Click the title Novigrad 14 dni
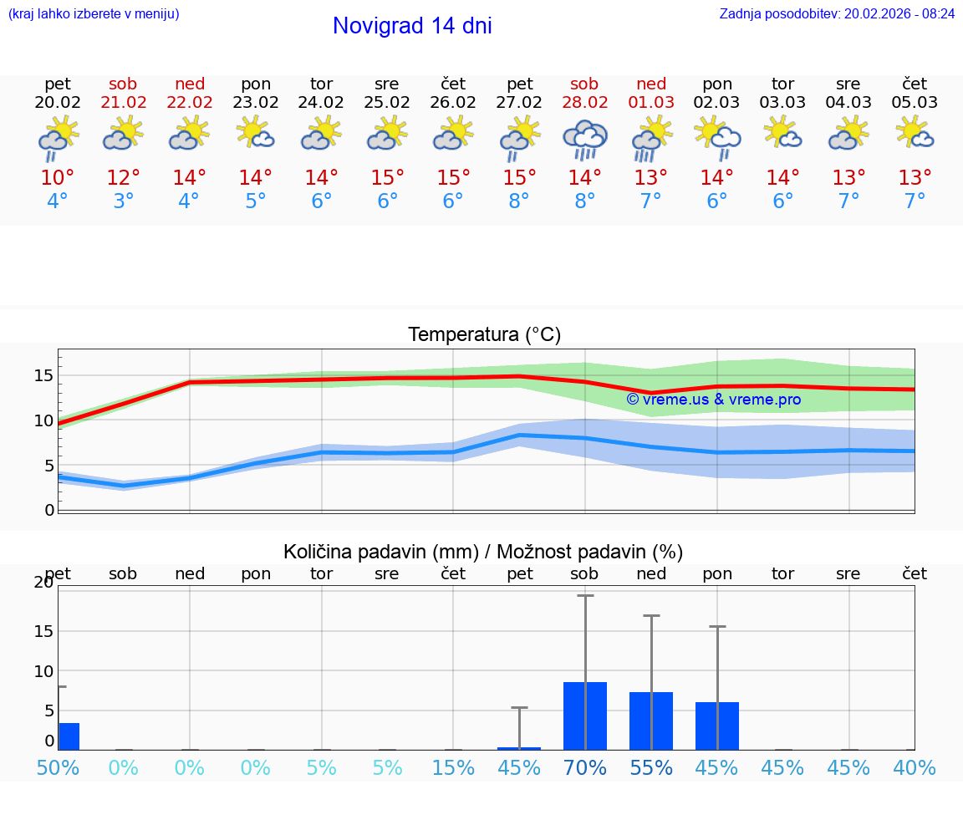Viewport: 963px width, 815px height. tap(412, 26)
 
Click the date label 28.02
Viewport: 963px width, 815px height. tap(584, 103)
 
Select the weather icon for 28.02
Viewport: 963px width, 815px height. tap(584, 140)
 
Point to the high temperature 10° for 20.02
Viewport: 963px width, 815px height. tap(58, 178)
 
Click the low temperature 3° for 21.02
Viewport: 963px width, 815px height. tap(124, 201)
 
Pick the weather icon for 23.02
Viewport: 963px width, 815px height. tap(256, 134)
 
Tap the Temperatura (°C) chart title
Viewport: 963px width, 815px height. tap(484, 335)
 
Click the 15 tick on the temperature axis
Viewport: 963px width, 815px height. tap(43, 375)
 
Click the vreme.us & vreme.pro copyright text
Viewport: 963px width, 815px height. tap(713, 400)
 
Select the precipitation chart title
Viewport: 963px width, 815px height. tap(483, 552)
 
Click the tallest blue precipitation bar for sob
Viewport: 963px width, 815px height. tap(585, 716)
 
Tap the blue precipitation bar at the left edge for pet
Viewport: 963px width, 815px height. tap(69, 736)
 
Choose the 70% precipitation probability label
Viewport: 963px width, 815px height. tap(585, 768)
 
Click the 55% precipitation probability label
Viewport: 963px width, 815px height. tap(651, 768)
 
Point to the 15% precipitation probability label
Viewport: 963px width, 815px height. tap(453, 768)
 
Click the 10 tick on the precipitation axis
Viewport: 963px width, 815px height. tap(43, 671)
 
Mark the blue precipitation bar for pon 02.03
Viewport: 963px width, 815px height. tap(717, 726)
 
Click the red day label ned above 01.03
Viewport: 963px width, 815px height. tap(651, 84)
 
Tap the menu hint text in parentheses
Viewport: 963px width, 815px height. tap(94, 13)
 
